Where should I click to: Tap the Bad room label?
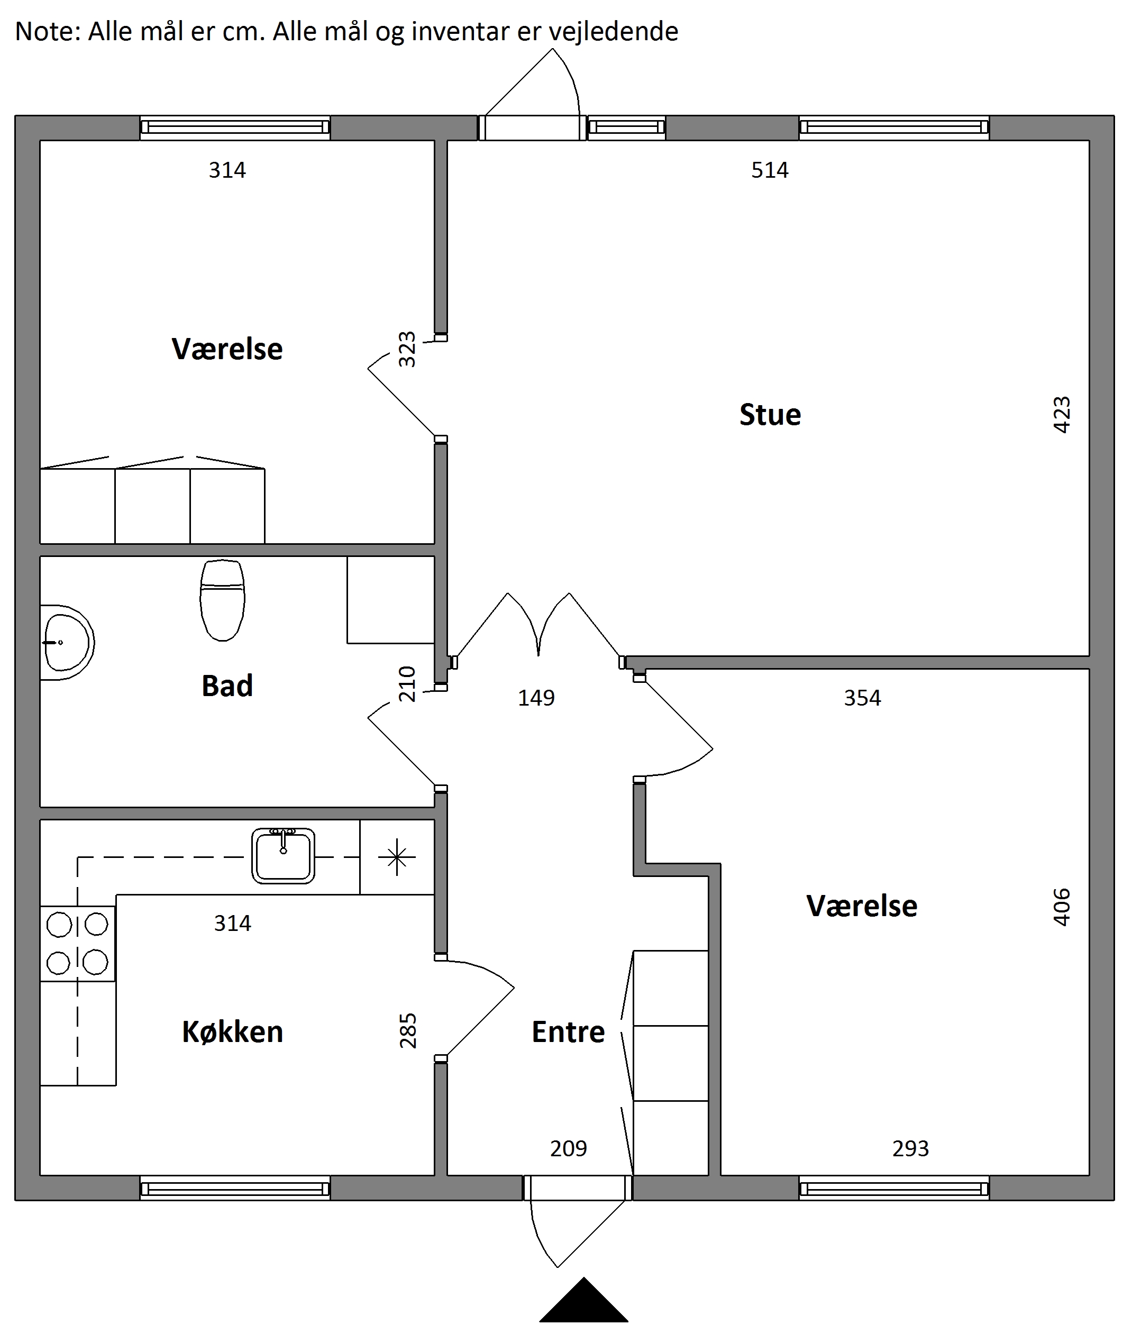click(x=227, y=686)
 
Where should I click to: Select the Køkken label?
click(x=232, y=1031)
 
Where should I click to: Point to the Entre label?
click(x=568, y=1031)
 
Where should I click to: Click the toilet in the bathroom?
click(x=222, y=600)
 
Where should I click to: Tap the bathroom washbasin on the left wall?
click(x=67, y=642)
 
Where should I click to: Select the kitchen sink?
click(x=284, y=856)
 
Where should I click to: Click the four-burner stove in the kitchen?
click(x=78, y=944)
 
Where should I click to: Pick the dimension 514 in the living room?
click(x=770, y=170)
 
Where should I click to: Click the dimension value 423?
click(x=1062, y=415)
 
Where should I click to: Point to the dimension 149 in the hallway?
click(x=536, y=698)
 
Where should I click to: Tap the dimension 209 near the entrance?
click(x=569, y=1149)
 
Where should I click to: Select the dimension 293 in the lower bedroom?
click(x=910, y=1149)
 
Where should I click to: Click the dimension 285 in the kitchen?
click(x=407, y=1030)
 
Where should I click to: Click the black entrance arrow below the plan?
click(x=584, y=1300)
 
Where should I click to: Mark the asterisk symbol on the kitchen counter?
click(x=397, y=857)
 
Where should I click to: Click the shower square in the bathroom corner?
click(x=391, y=599)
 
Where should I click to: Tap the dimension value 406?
click(x=1062, y=907)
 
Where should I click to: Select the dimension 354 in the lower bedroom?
click(x=862, y=698)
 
